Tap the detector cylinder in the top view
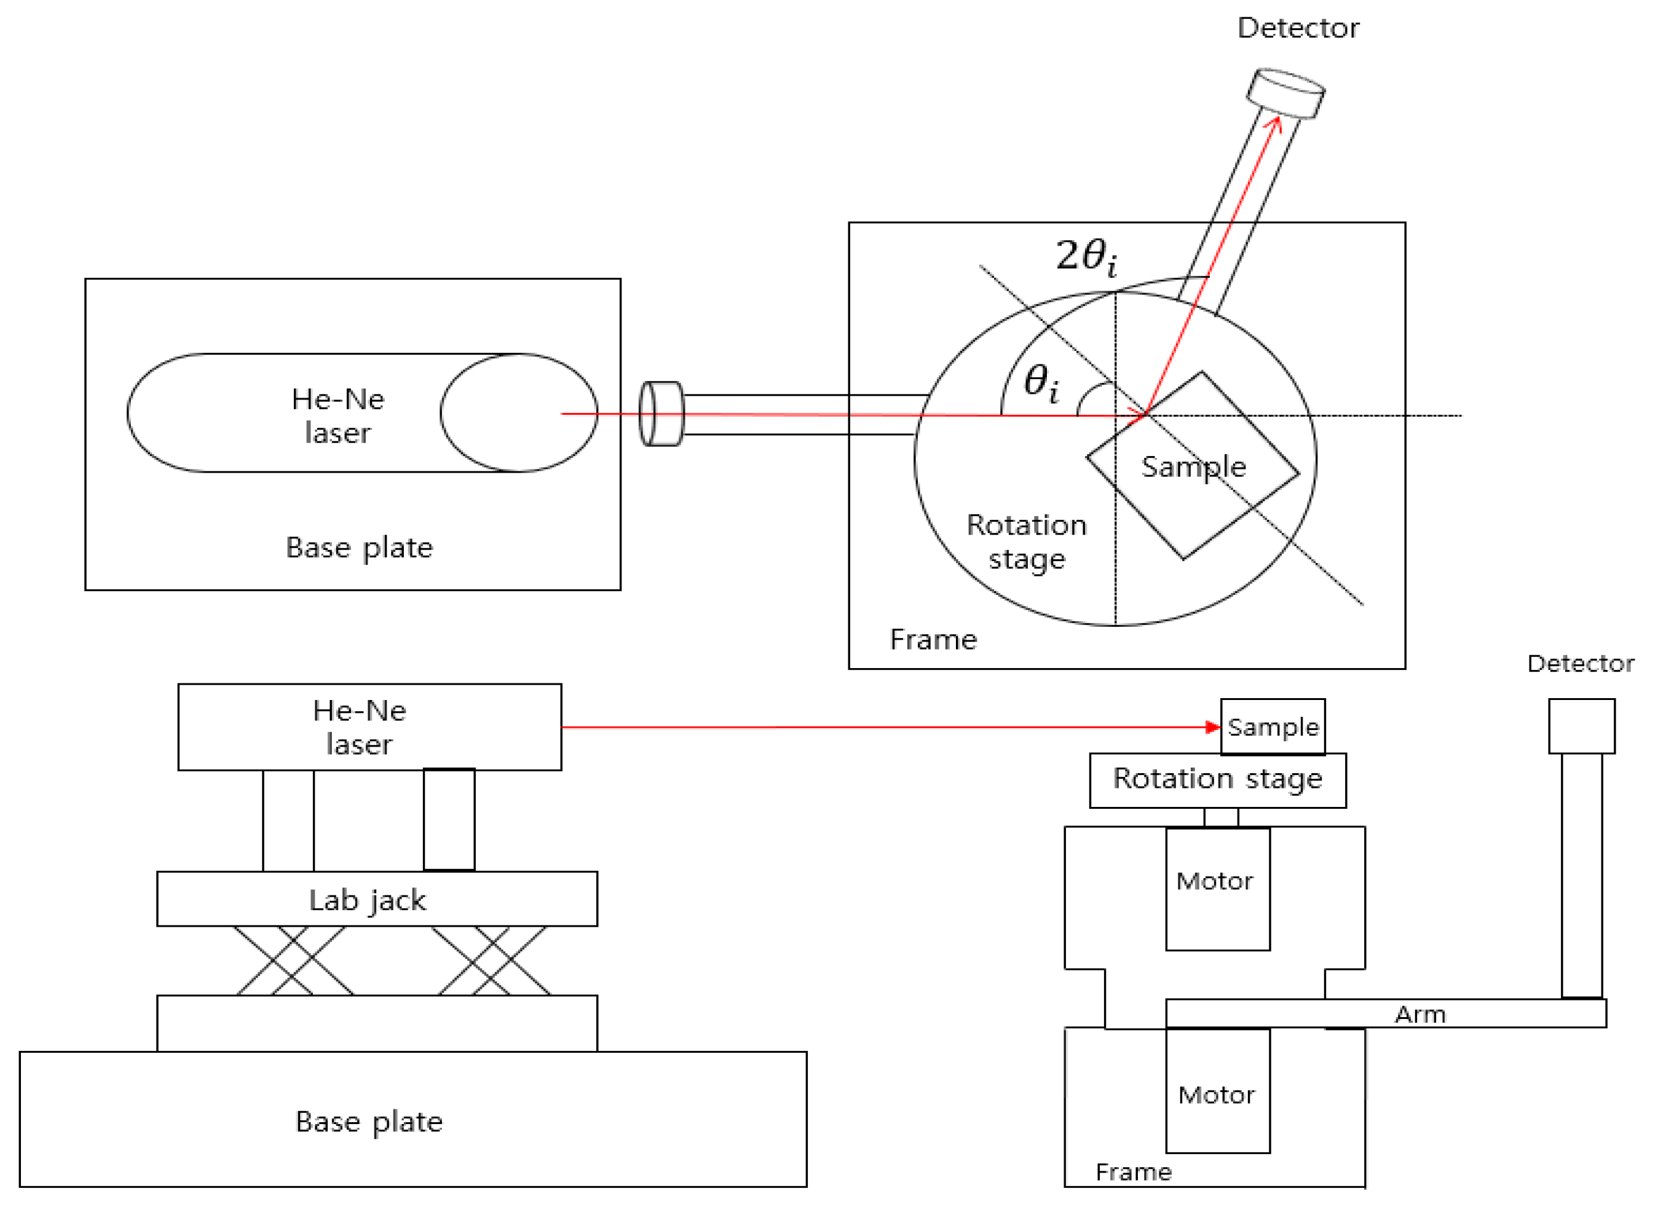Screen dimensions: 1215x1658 pyautogui.click(x=1284, y=93)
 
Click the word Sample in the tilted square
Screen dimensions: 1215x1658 pyautogui.click(x=1193, y=467)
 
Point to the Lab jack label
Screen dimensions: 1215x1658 pyautogui.click(x=367, y=900)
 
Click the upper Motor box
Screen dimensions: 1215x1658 pyautogui.click(x=1217, y=889)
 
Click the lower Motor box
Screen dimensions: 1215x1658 pyautogui.click(x=1217, y=1091)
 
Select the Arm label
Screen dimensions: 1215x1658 pyautogui.click(x=1419, y=1015)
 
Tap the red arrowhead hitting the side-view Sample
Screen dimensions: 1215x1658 pyautogui.click(x=1213, y=726)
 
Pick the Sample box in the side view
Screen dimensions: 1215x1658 pyautogui.click(x=1272, y=726)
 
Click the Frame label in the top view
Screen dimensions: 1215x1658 pyautogui.click(x=933, y=639)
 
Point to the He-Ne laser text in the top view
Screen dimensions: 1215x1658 pyautogui.click(x=338, y=416)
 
